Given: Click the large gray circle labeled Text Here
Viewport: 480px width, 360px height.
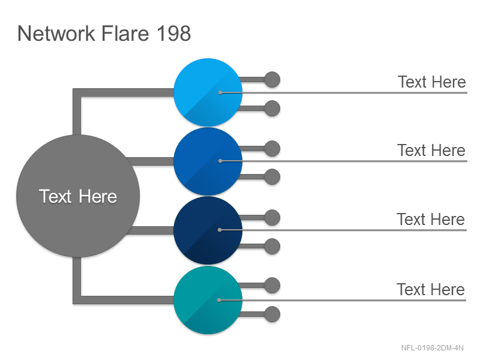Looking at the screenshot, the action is point(78,196).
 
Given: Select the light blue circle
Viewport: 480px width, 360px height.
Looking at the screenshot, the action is point(208,92).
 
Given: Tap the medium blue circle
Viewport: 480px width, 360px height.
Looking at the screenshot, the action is point(208,161).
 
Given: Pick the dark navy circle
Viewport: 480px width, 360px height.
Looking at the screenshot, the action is point(208,230).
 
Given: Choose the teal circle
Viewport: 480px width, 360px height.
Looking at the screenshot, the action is point(208,300).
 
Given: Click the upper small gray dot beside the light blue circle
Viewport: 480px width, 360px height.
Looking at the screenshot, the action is point(272,80).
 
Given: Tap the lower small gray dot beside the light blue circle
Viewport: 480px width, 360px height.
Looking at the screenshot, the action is point(272,109).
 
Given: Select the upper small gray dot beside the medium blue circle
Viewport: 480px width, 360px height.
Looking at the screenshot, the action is point(272,148).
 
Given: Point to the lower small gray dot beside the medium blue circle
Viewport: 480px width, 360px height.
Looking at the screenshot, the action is point(272,177).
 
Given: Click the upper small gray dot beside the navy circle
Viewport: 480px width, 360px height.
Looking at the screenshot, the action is point(272,218).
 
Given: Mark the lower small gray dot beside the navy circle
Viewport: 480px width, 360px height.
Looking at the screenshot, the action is point(272,247).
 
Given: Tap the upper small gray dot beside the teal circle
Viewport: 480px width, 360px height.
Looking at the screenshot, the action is point(272,286).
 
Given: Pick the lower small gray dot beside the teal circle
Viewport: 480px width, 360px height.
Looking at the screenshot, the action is point(272,314).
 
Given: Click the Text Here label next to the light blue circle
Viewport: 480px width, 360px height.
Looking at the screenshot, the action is point(431,82).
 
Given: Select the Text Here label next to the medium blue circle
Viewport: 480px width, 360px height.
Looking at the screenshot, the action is point(431,151).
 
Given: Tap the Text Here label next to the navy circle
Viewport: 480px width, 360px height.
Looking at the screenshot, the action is point(431,220).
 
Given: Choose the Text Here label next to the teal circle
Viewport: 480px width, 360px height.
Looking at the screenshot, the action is point(431,290).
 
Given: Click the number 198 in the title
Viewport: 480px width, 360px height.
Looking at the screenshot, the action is point(174,33).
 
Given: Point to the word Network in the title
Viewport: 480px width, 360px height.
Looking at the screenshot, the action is point(56,33).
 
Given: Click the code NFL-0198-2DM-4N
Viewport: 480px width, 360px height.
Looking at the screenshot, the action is point(432,348).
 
